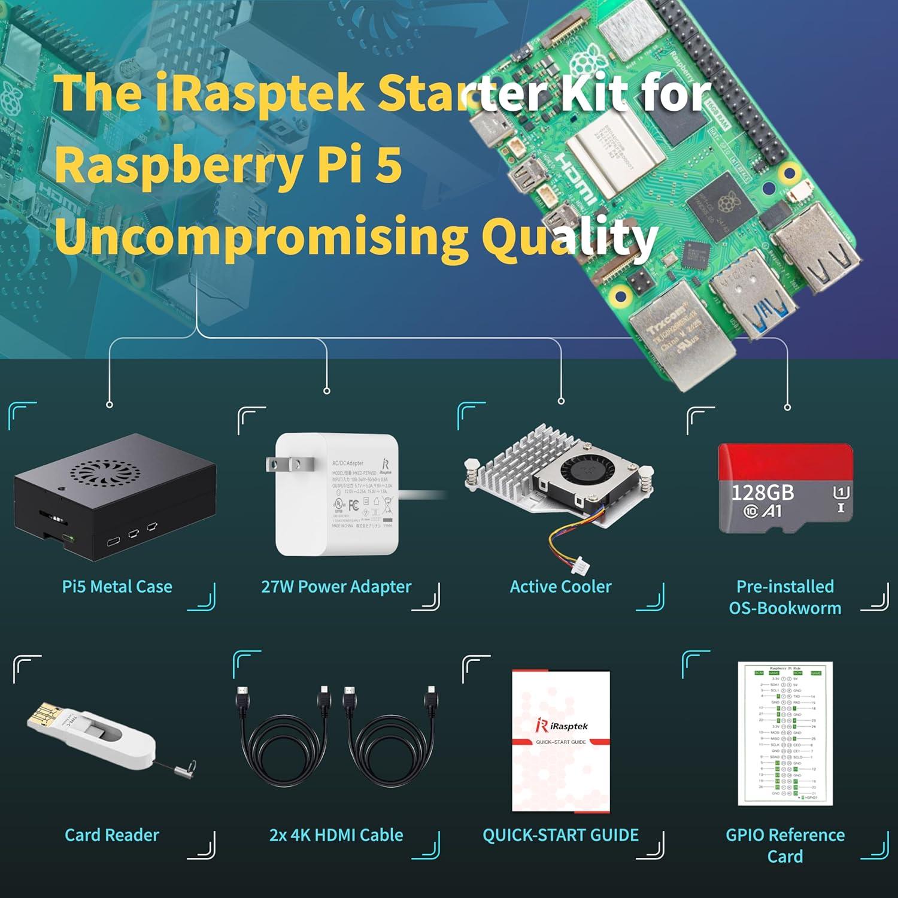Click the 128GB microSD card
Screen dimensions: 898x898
coord(785,489)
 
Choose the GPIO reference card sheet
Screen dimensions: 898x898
coord(785,733)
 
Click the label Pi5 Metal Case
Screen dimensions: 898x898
coord(117,587)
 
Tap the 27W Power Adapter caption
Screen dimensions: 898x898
coord(336,587)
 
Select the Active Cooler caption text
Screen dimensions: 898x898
coord(561,587)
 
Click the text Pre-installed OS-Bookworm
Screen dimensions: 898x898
coord(785,597)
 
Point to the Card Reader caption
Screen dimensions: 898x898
coord(112,835)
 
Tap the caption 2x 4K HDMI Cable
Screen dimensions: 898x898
coord(336,835)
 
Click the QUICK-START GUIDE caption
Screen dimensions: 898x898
coord(561,835)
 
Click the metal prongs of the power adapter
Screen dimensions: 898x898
coord(284,463)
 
